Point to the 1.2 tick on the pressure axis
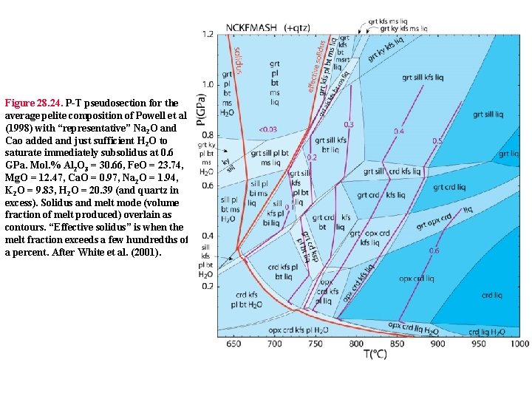coord(208,34)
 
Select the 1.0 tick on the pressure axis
coord(208,84)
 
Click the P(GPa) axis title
coord(201,111)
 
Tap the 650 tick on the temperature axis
coord(234,344)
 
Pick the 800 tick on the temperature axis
coord(356,344)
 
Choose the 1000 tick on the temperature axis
coord(519,344)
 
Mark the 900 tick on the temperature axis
coord(437,344)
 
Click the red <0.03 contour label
coord(267,129)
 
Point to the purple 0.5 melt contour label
coord(437,141)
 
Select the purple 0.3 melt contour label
coord(349,124)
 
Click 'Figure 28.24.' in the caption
coord(33,103)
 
